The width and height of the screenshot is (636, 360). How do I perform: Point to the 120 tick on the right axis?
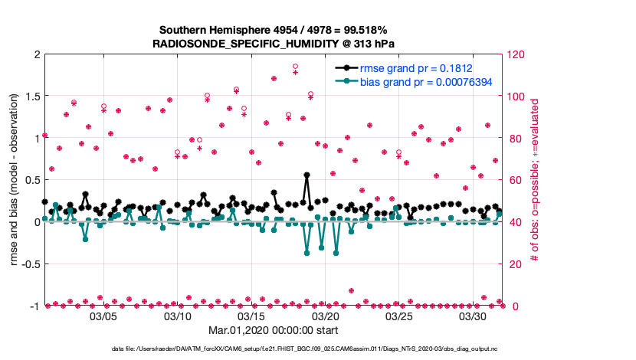point(516,54)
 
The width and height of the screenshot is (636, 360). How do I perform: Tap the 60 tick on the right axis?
point(514,181)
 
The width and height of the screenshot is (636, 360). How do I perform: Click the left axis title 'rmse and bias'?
point(15,181)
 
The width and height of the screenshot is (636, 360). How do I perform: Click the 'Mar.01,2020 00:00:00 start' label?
point(273,331)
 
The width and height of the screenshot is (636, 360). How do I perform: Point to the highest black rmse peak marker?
point(307,175)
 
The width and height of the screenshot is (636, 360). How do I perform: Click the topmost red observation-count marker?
point(296,67)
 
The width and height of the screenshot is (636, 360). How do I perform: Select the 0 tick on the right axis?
point(511,306)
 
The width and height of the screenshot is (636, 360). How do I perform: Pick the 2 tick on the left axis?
point(36,54)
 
